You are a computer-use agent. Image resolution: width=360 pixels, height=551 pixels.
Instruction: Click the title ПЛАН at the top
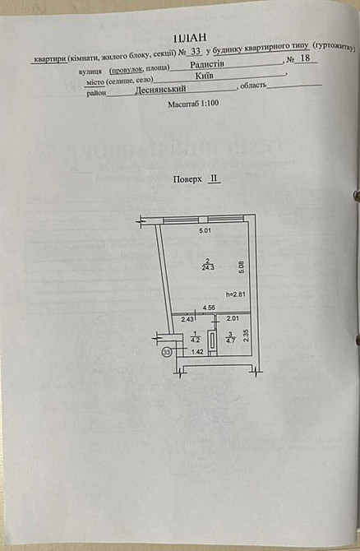pos(186,38)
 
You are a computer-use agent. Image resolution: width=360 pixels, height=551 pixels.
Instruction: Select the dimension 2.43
pos(187,319)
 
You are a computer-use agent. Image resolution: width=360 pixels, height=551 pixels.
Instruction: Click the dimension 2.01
pos(232,319)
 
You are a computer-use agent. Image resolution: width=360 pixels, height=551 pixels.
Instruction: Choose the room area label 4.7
pos(230,337)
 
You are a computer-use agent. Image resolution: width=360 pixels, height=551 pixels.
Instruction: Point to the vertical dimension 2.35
pos(245,337)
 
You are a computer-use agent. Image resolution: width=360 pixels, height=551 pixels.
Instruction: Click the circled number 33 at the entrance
pos(168,352)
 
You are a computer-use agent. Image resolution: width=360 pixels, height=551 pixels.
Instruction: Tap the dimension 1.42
pos(197,352)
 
